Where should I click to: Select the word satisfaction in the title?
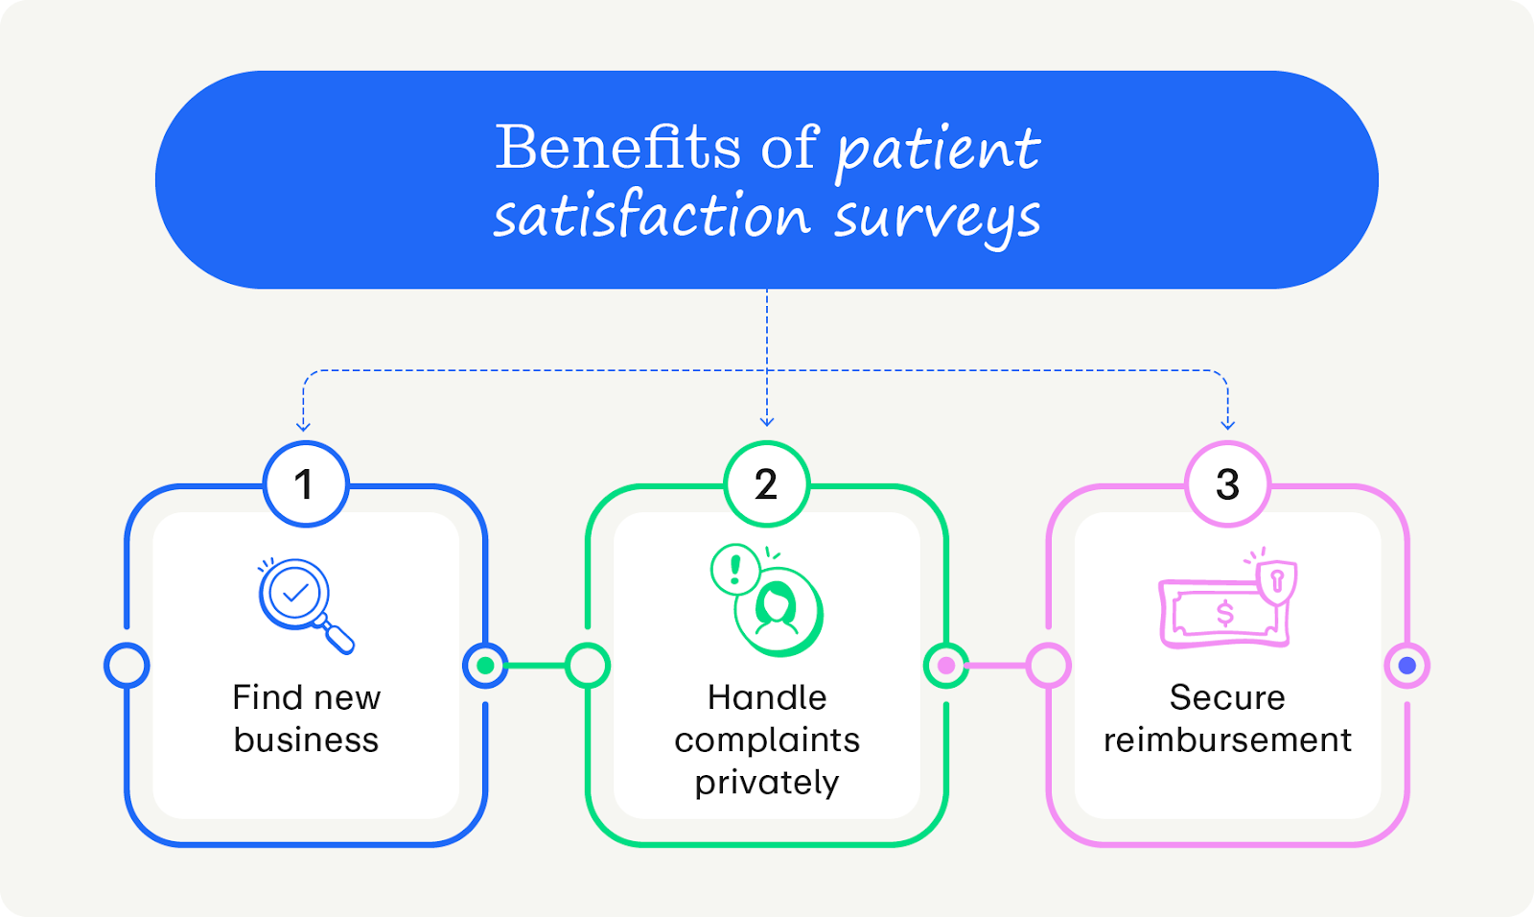[652, 216]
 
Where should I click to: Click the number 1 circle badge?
[306, 484]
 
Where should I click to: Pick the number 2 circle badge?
[766, 484]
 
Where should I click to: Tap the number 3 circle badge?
[1227, 484]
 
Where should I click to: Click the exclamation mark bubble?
[735, 569]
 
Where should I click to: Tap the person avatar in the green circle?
[778, 611]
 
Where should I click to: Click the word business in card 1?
[306, 741]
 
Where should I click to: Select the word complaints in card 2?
[767, 741]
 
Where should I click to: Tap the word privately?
[767, 783]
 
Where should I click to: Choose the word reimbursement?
[1227, 741]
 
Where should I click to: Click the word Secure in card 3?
[1227, 697]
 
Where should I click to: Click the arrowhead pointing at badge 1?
[303, 424]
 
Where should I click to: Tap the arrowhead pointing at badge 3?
[1227, 424]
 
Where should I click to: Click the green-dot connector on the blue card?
[485, 666]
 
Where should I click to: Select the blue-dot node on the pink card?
[1406, 666]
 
